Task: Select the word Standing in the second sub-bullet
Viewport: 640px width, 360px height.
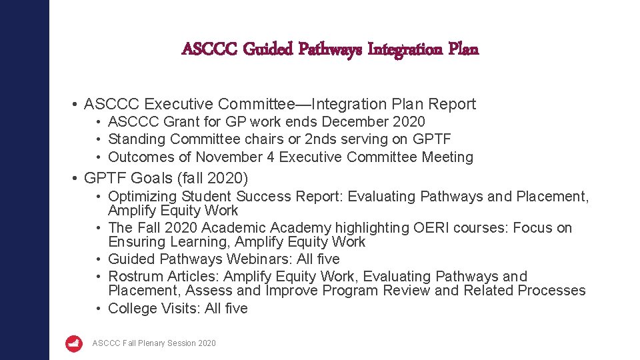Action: coord(137,139)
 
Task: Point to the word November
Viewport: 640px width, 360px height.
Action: coord(231,157)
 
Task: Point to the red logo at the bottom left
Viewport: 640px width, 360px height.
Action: coord(74,343)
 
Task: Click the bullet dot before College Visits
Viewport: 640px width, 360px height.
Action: coord(98,309)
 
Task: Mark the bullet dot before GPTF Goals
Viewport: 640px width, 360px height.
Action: coord(76,179)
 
